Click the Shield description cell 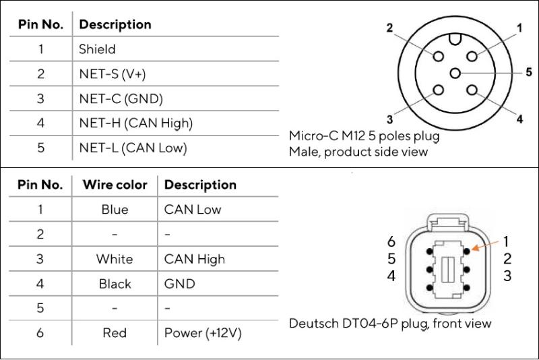pos(98,49)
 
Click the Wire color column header pos(115,185)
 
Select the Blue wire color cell pos(115,210)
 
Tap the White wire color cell pos(115,259)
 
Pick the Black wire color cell pos(115,284)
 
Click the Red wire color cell pos(115,333)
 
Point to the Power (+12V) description pos(202,333)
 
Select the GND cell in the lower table pos(177,284)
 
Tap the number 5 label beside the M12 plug pos(529,71)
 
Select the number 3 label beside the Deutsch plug pos(507,276)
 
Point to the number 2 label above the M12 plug pos(389,28)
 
